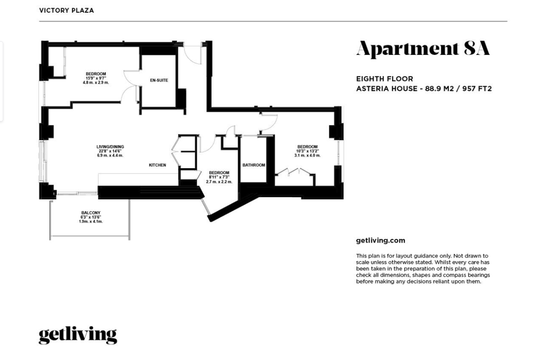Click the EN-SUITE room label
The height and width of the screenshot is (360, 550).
click(x=159, y=80)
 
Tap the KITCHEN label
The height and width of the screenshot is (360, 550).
click(x=157, y=165)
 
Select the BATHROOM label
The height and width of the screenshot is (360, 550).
click(x=254, y=165)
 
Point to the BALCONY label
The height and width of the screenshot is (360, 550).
click(x=91, y=213)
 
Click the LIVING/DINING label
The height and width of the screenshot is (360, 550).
click(x=110, y=147)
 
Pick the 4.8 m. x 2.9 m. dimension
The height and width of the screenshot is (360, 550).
click(x=96, y=83)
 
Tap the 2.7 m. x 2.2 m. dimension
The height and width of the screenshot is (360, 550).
click(x=219, y=182)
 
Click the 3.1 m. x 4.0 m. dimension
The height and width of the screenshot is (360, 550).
click(x=307, y=156)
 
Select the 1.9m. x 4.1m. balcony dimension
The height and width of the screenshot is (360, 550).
click(x=91, y=221)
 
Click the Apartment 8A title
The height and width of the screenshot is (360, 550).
click(x=423, y=49)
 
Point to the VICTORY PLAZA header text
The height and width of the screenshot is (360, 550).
click(x=67, y=10)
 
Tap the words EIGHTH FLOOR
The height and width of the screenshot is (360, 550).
click(x=384, y=79)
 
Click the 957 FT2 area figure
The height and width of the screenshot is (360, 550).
click(x=477, y=88)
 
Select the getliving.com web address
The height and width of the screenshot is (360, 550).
click(x=381, y=241)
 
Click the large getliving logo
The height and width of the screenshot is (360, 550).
click(x=78, y=335)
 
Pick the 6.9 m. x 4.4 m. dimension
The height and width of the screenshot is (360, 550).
click(x=110, y=156)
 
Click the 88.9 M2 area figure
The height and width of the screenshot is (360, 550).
click(x=440, y=88)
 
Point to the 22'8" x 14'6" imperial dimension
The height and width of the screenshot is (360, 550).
click(x=110, y=151)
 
